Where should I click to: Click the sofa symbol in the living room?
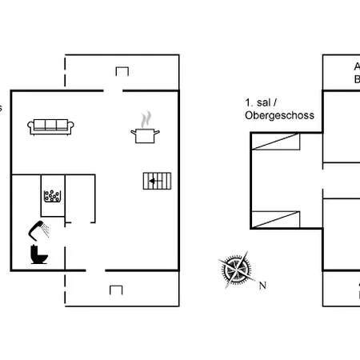(50, 126)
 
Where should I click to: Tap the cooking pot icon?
(144, 134)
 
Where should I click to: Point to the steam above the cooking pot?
(145, 119)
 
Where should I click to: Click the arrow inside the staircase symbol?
(153, 182)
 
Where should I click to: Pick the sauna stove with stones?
(53, 196)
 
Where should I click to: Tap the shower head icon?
(34, 227)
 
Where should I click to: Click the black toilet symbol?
(38, 254)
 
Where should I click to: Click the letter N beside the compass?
(262, 285)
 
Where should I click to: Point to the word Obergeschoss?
(279, 115)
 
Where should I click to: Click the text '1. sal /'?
(260, 103)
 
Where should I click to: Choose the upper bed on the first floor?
(277, 142)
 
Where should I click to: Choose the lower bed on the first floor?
(277, 216)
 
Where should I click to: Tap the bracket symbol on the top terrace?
(122, 71)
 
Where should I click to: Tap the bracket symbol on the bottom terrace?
(116, 289)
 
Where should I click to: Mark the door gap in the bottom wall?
(95, 271)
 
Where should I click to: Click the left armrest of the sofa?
(30, 126)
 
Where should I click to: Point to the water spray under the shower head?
(47, 231)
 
